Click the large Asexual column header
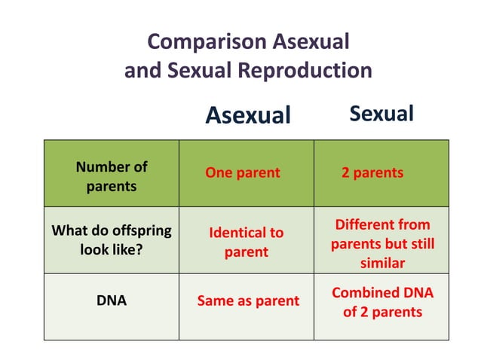click(x=247, y=115)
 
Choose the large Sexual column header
click(x=381, y=114)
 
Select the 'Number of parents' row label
click(x=111, y=176)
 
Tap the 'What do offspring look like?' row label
click(x=111, y=239)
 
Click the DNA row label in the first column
click(x=111, y=301)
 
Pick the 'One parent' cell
click(x=242, y=172)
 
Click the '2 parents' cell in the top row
click(x=372, y=172)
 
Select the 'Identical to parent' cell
click(x=247, y=242)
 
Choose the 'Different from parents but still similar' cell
click(x=382, y=243)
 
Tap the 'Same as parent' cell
click(x=248, y=301)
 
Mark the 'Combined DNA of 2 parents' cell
click(x=382, y=301)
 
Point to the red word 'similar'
click(x=382, y=263)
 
